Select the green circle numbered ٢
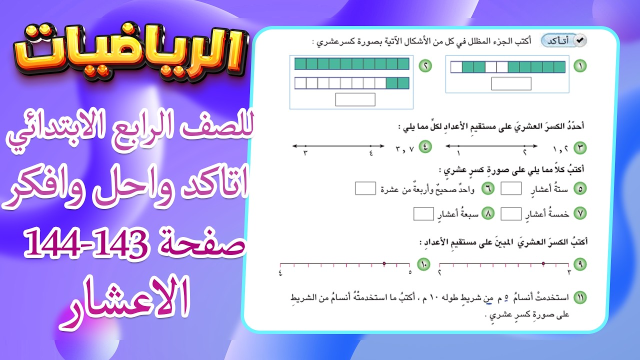point(425,66)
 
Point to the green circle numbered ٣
point(580,147)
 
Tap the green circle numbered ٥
point(580,189)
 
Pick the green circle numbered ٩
point(580,264)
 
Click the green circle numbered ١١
point(580,298)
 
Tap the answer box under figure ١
point(511,83)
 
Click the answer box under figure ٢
point(355,99)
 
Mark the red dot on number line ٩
point(543,263)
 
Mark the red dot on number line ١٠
point(384,263)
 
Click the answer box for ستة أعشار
point(511,189)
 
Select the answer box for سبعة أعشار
point(423,214)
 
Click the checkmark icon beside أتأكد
point(580,40)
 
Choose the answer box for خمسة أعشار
point(511,214)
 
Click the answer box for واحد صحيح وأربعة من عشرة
point(365,189)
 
